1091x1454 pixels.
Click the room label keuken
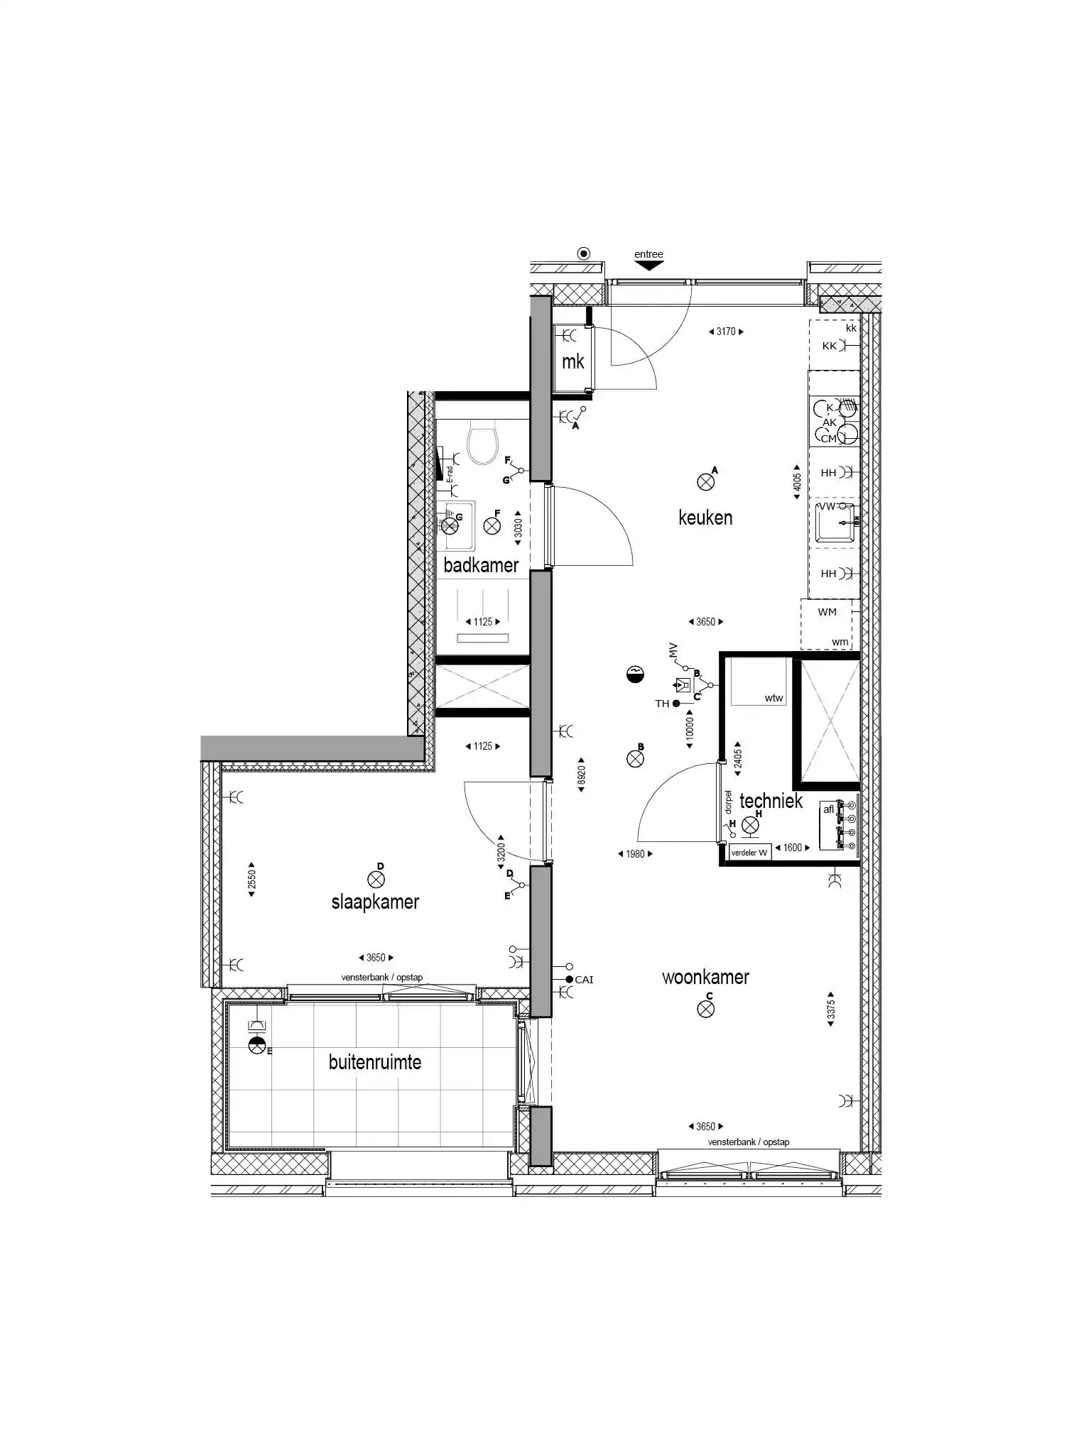coord(705,518)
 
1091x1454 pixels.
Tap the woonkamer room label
coord(705,977)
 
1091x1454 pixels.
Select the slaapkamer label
coord(375,902)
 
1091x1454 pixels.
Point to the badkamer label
coord(481,565)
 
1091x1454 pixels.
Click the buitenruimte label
coord(375,1062)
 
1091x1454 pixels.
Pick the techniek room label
coord(771,801)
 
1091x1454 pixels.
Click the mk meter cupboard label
coord(572,361)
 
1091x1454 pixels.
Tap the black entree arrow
coord(648,266)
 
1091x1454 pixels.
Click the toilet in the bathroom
coord(483,442)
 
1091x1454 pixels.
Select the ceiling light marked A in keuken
coord(705,483)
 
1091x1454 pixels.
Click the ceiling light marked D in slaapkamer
coord(376,880)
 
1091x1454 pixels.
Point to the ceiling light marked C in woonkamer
coord(705,1009)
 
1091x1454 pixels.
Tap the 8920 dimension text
coord(581,774)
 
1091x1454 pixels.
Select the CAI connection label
coord(584,980)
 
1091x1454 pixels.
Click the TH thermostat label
coord(662,704)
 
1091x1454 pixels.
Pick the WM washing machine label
coord(827,612)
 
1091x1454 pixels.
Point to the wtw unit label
coord(774,698)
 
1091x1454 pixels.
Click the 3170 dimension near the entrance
coord(726,332)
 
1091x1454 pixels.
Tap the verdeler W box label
coord(749,853)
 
